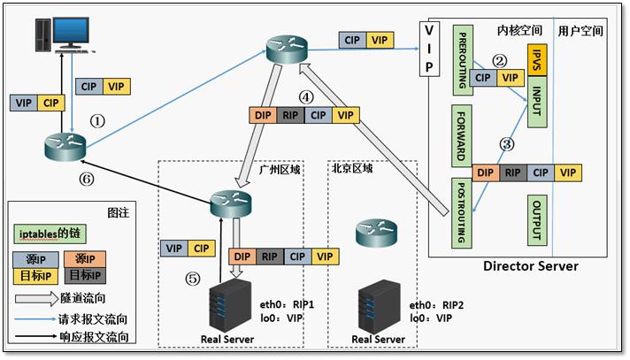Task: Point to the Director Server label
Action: click(530, 265)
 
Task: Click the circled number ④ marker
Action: click(306, 97)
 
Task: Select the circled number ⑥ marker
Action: click(86, 177)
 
